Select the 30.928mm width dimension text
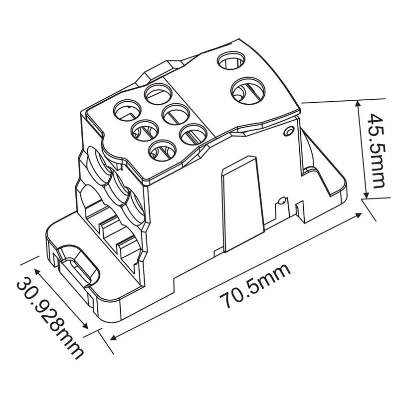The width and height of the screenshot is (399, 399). [49, 312]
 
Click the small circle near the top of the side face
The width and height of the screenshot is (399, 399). [287, 131]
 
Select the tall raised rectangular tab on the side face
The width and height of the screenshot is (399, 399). [240, 204]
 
